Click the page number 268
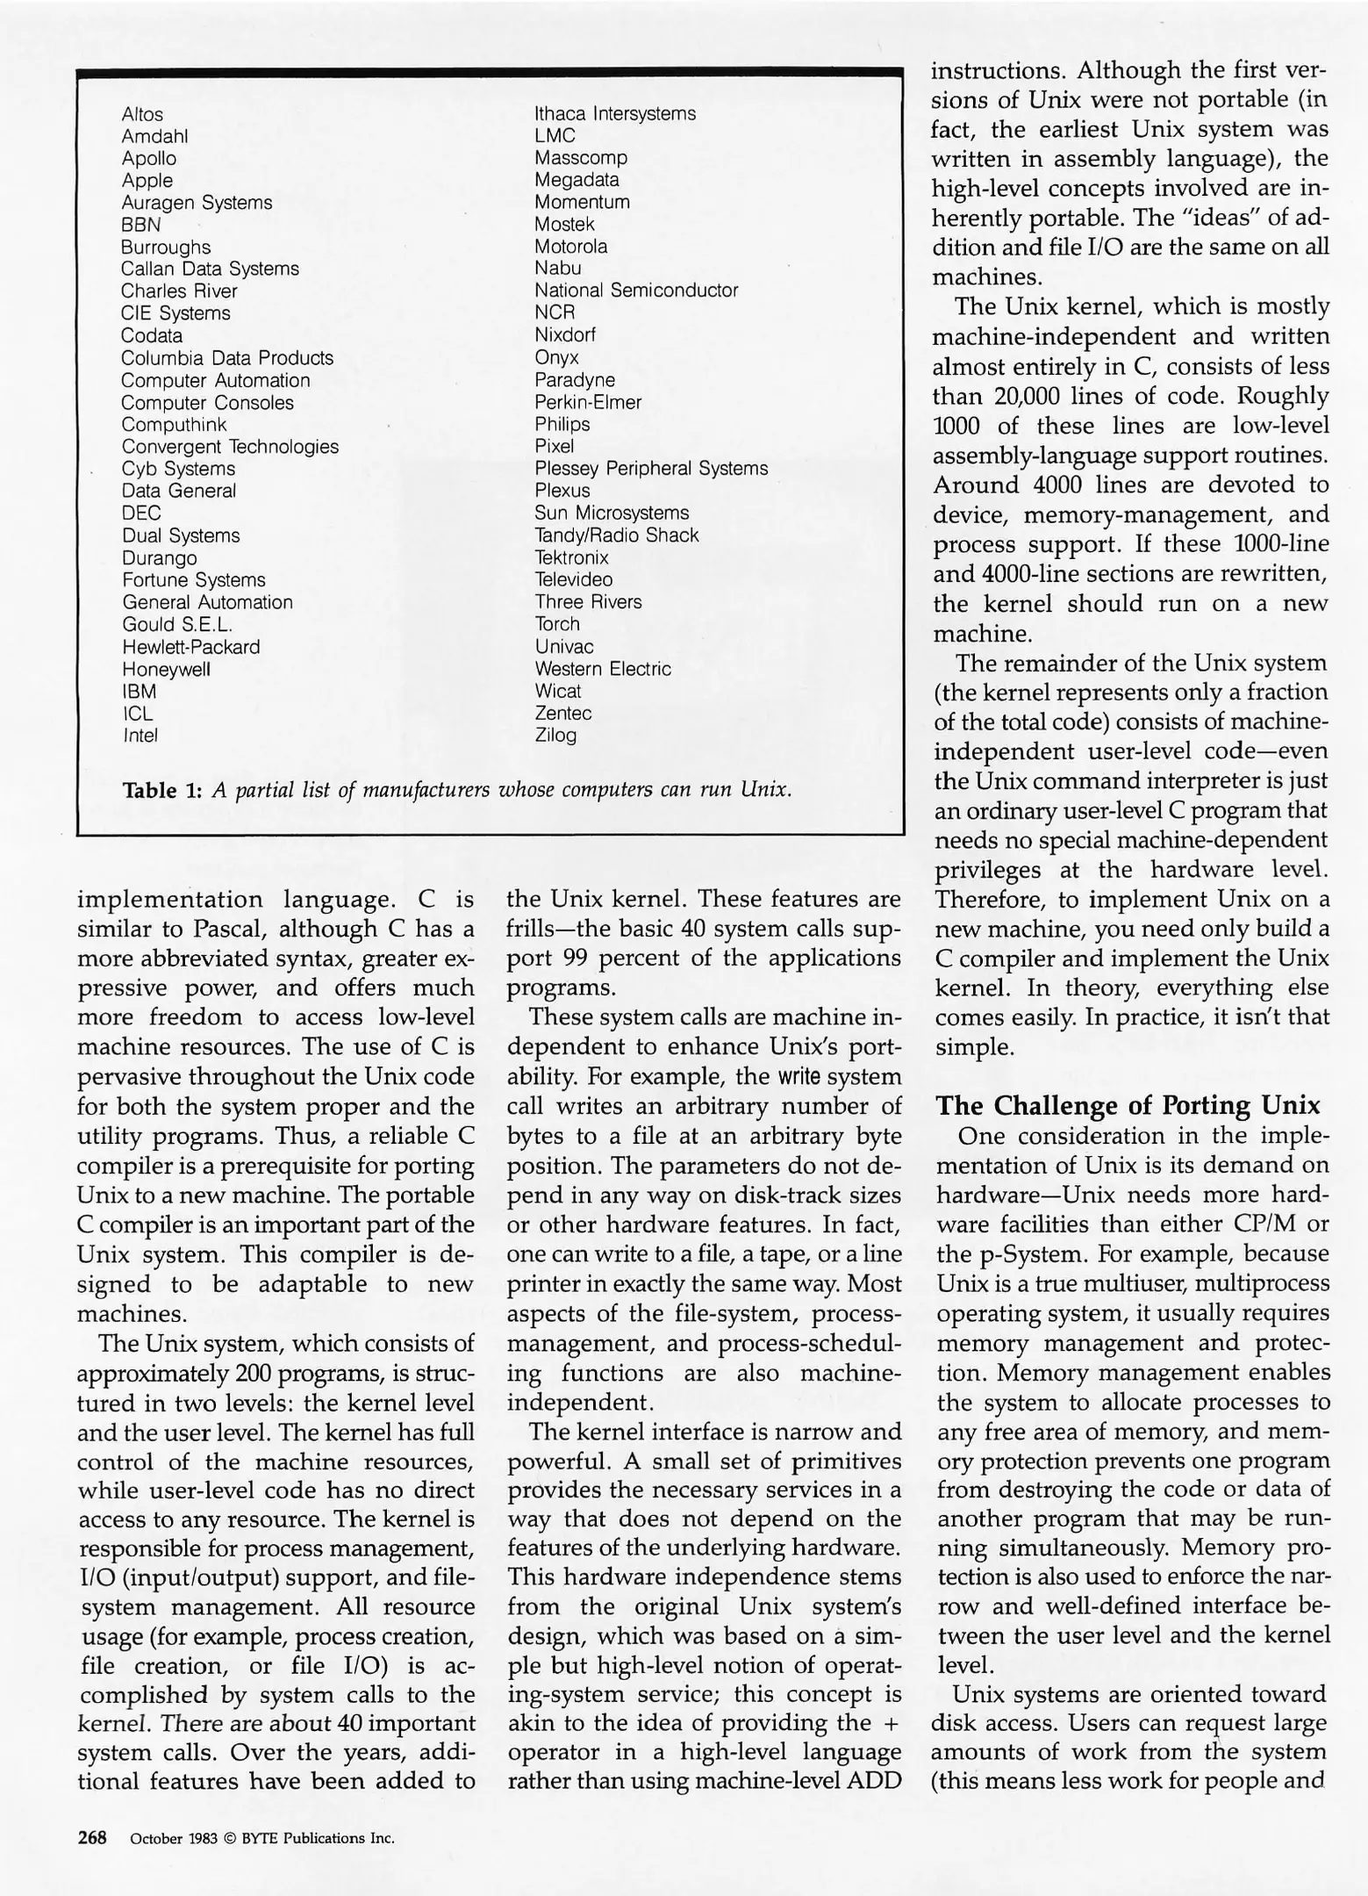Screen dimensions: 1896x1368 click(x=92, y=1837)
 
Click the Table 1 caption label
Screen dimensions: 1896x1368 click(x=163, y=790)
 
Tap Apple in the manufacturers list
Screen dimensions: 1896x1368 click(x=147, y=181)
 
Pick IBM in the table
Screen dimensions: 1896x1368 click(x=139, y=692)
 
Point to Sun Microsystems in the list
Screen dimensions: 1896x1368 click(x=612, y=513)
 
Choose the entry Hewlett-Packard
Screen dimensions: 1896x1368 click(x=190, y=647)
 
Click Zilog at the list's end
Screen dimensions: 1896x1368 click(x=555, y=736)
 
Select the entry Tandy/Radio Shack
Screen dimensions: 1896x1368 click(x=616, y=535)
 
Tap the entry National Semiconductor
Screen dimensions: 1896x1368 click(x=636, y=291)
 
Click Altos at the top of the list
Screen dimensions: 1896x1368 click(x=142, y=114)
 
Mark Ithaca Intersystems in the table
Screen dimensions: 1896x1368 click(x=615, y=114)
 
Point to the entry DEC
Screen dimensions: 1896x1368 click(x=140, y=513)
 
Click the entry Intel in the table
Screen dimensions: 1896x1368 click(x=140, y=736)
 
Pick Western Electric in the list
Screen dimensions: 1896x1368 click(x=603, y=669)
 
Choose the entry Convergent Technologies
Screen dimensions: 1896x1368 click(x=230, y=447)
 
